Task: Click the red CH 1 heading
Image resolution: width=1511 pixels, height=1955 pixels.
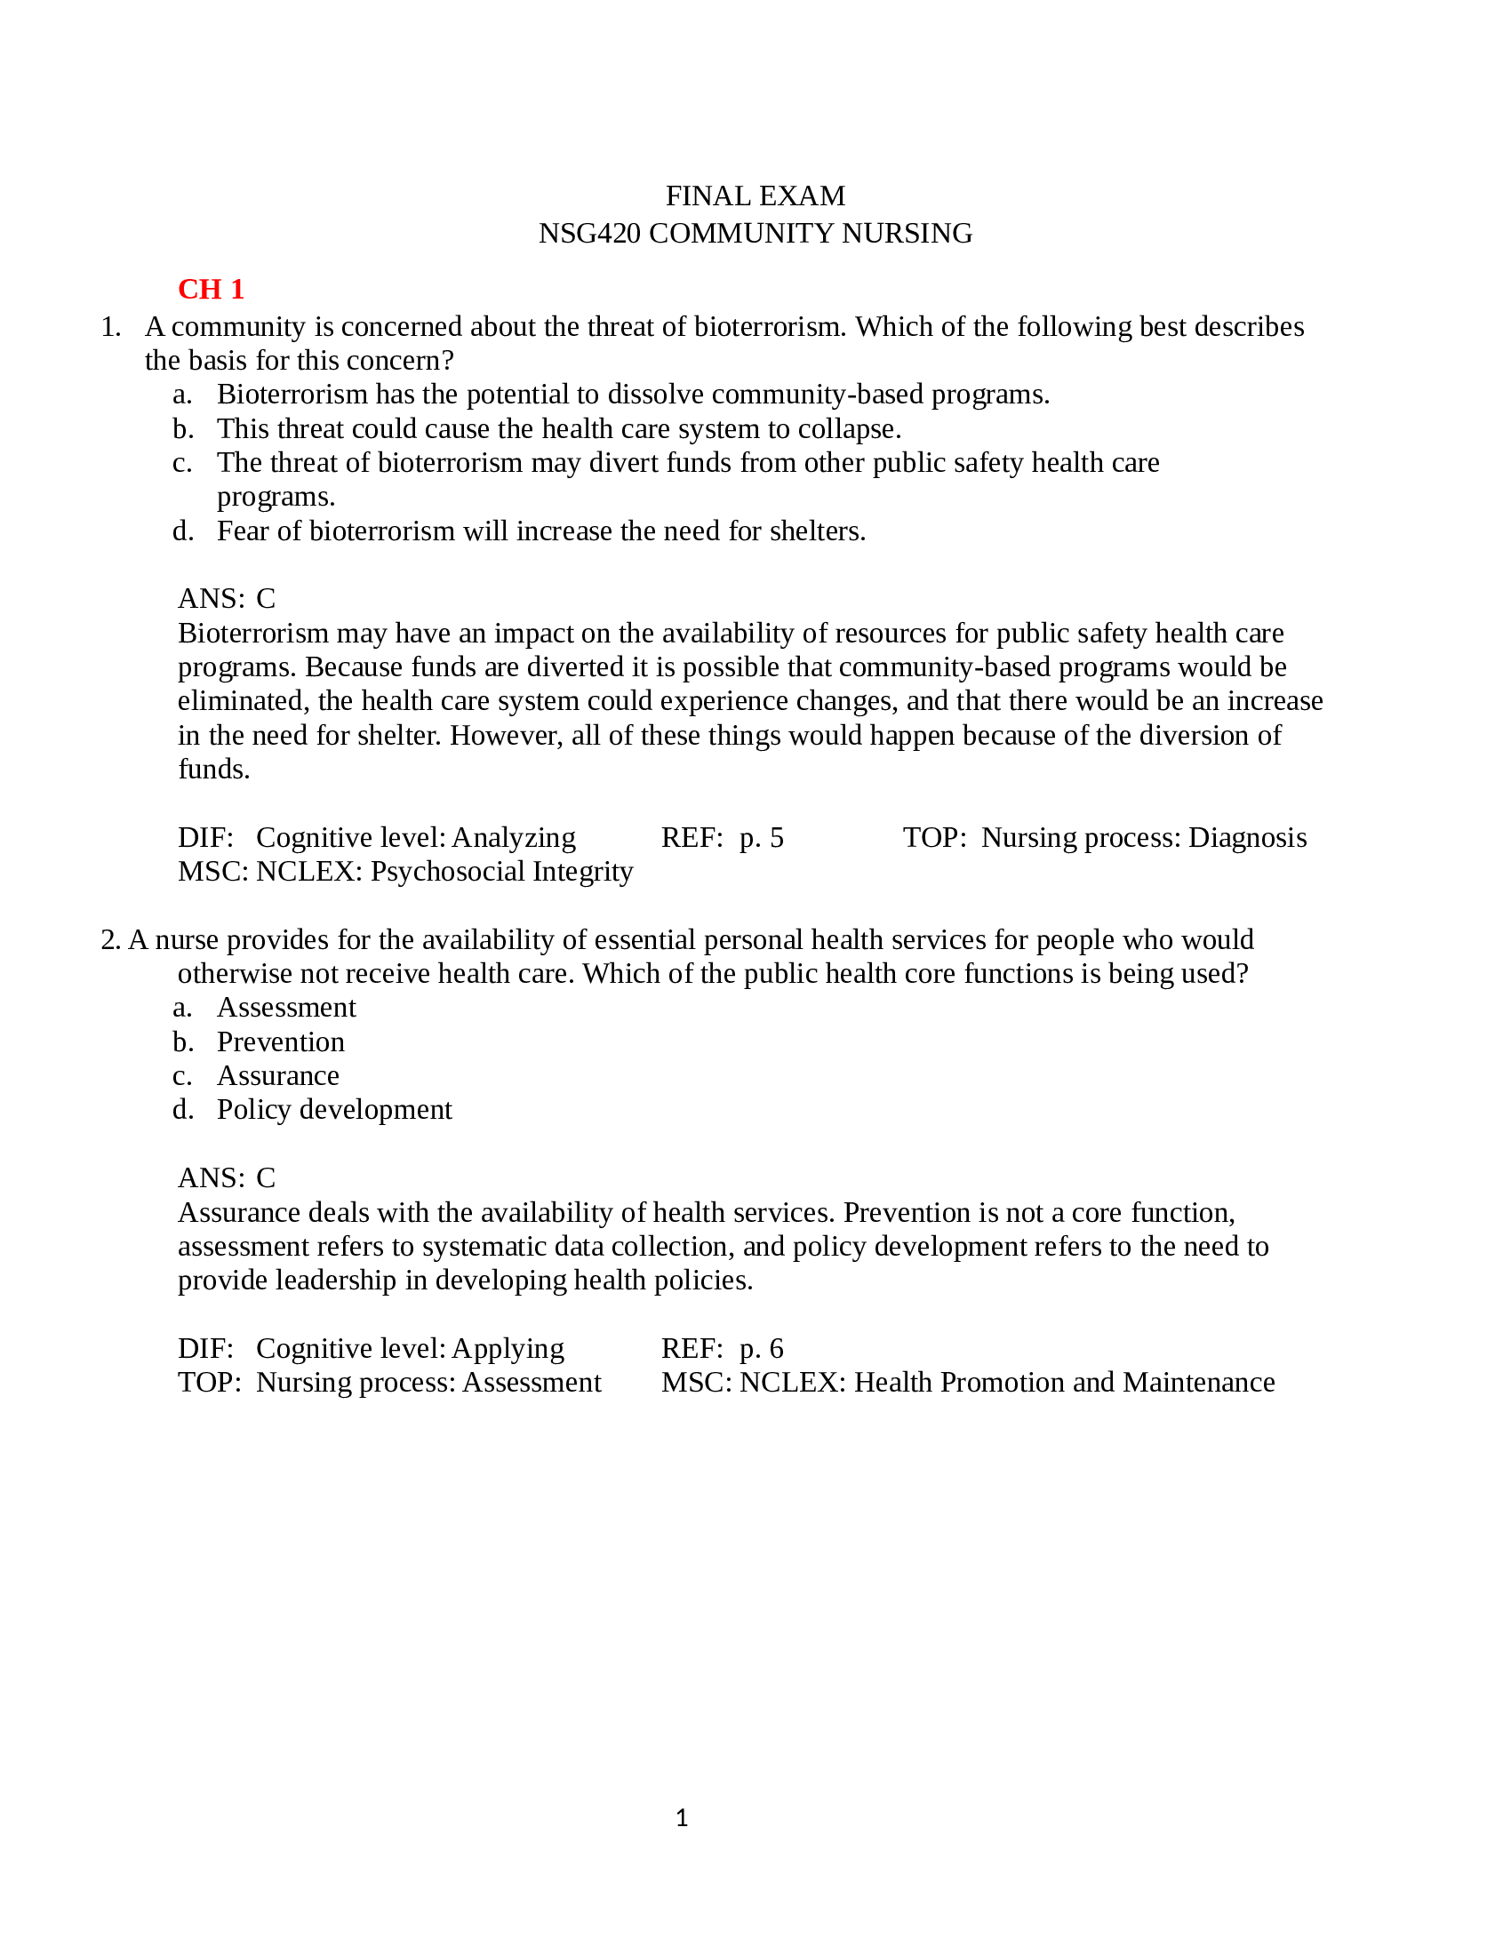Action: tap(212, 289)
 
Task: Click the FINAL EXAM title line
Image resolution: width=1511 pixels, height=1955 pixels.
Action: tap(755, 196)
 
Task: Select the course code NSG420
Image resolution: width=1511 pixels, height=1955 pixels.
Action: tap(590, 234)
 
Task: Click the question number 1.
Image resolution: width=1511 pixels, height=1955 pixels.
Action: tap(111, 327)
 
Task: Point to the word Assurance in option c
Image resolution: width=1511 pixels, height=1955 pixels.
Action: tap(278, 1076)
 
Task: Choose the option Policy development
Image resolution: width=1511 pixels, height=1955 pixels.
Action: tap(334, 1110)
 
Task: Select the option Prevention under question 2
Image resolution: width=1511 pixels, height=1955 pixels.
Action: tap(280, 1042)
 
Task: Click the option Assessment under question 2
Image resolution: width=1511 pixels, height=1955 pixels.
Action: tap(286, 1008)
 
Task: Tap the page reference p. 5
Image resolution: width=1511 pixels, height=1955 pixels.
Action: tap(761, 838)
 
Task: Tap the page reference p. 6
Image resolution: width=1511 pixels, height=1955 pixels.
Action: tap(761, 1349)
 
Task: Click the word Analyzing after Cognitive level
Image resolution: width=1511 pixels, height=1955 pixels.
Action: tap(514, 838)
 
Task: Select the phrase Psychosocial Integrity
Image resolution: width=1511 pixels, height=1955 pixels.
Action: tap(501, 872)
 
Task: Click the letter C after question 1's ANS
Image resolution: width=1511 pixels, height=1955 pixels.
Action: tap(266, 599)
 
